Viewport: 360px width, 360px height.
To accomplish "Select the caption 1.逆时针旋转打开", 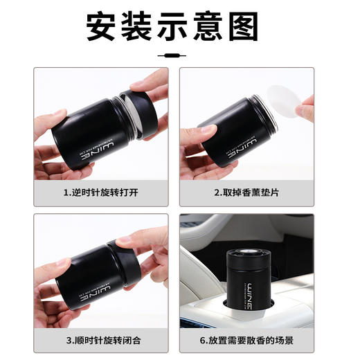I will click(100, 192).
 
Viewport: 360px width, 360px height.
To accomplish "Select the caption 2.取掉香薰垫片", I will click(246, 192).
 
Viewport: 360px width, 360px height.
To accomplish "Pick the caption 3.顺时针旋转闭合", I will click(100, 340).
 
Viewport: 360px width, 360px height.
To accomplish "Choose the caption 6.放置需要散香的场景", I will click(246, 340).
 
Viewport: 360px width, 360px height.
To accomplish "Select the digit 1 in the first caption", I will click(66, 192).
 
